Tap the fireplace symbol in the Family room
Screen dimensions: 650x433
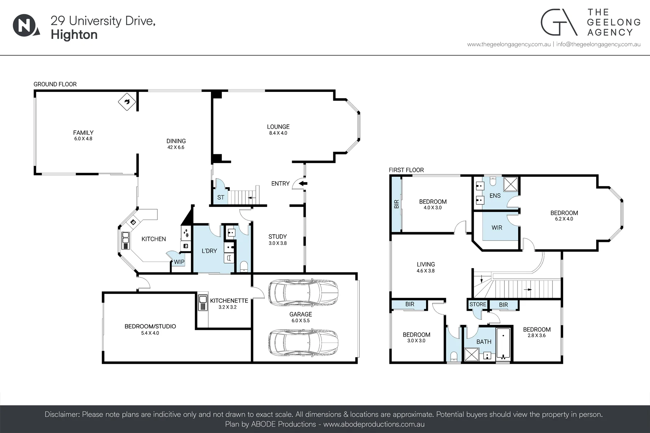pos(127,102)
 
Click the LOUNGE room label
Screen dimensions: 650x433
pos(278,127)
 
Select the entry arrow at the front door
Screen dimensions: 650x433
pos(303,184)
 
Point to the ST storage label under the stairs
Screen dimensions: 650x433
pos(221,198)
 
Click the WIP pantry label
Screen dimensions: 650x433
pos(179,262)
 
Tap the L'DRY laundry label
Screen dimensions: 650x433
pos(209,251)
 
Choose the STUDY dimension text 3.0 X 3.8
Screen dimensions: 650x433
pos(278,243)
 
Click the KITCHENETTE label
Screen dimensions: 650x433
pos(229,301)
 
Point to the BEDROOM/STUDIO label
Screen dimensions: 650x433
pos(150,327)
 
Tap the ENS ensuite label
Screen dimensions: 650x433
pos(495,196)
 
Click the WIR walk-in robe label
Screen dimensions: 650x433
pos(497,228)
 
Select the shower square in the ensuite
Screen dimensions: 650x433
pos(511,184)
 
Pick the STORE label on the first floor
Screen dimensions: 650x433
pos(478,305)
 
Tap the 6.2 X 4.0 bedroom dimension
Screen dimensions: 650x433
pos(564,219)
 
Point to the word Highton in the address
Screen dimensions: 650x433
pos(74,35)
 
